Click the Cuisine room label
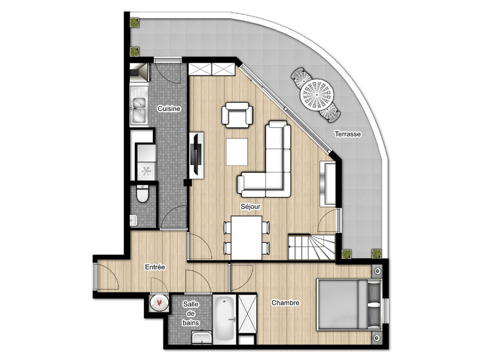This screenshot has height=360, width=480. [x=169, y=109]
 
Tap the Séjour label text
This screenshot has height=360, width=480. [x=251, y=207]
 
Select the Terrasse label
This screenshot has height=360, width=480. [x=347, y=134]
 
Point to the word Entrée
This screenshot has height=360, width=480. [x=155, y=267]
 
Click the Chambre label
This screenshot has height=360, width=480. [x=286, y=303]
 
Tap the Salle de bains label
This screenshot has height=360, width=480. [x=191, y=314]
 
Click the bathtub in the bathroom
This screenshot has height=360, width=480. [x=224, y=319]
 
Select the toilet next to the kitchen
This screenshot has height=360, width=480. [x=143, y=194]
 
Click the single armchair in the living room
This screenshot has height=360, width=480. [x=237, y=115]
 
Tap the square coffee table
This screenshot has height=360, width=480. [x=237, y=152]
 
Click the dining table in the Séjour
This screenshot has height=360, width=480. [x=246, y=238]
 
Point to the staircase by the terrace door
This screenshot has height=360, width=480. [x=312, y=247]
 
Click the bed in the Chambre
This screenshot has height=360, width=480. [x=349, y=304]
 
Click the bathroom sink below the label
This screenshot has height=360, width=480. [x=202, y=338]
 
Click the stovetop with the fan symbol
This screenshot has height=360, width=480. [x=146, y=171]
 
